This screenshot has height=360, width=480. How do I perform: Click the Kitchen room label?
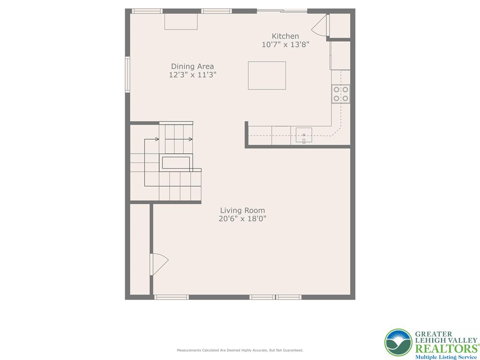285,36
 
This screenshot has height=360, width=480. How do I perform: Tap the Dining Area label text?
192,67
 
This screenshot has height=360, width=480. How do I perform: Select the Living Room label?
242,210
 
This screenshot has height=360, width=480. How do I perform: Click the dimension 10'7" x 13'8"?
285,45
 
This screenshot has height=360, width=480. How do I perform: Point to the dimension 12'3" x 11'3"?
192,75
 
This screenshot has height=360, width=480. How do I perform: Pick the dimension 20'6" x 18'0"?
242,219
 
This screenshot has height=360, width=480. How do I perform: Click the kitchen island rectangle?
267,75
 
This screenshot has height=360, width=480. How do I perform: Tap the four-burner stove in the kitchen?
341,94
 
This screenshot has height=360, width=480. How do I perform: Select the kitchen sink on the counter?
304,135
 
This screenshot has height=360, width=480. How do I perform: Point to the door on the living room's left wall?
158,264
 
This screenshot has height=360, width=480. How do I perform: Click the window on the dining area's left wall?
127,74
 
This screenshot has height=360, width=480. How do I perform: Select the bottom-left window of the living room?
172,297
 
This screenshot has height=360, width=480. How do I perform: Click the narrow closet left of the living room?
139,249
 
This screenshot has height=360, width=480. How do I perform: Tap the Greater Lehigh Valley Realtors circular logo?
398,342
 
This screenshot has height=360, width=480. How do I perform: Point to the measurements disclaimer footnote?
240,350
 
